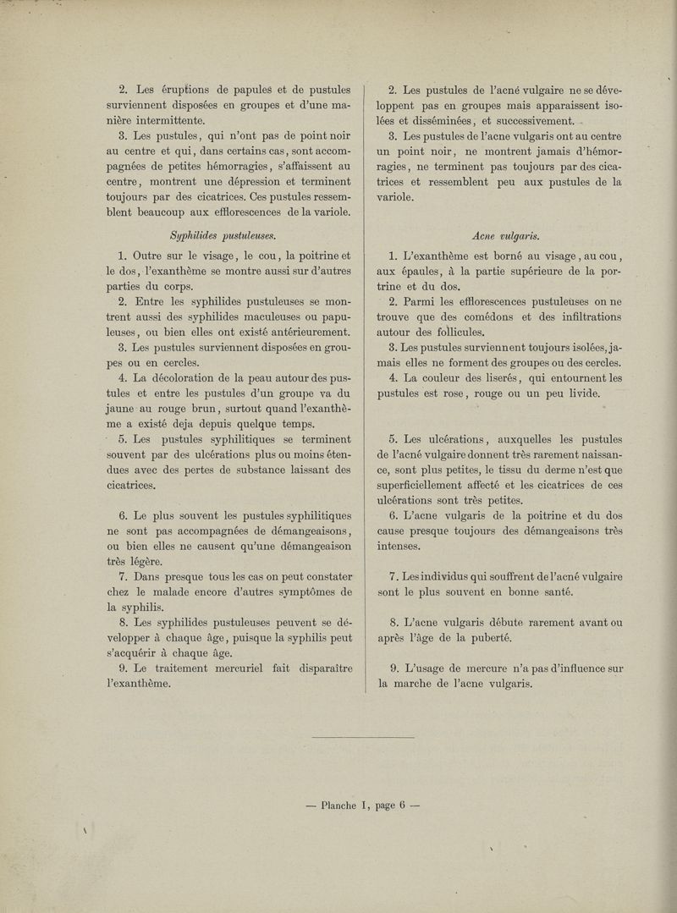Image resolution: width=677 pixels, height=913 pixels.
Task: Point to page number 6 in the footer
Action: [x=401, y=806]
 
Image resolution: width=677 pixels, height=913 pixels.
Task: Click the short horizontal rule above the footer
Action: [x=364, y=738]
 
